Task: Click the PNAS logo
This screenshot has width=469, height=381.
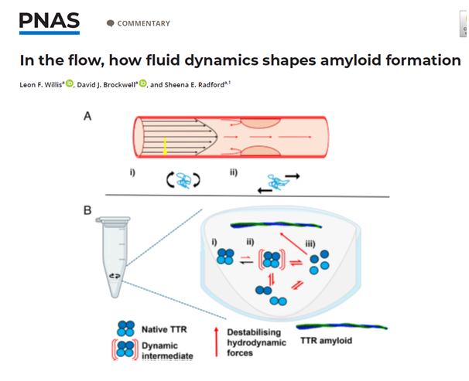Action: [49, 22]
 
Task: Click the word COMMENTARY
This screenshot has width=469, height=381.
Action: [143, 24]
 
